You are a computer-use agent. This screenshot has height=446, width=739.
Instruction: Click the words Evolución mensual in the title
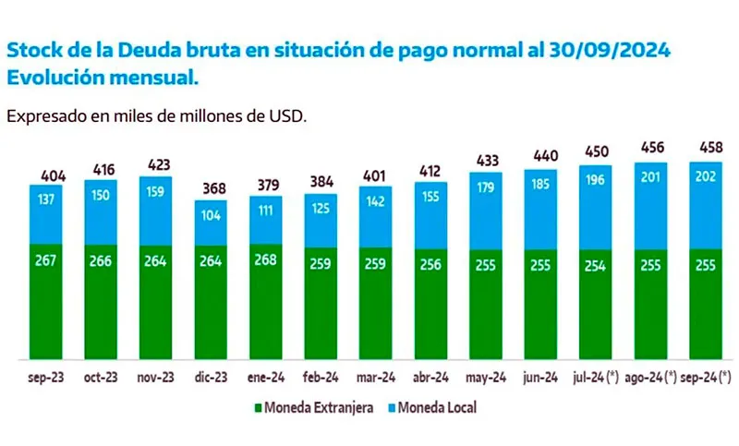(103, 78)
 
